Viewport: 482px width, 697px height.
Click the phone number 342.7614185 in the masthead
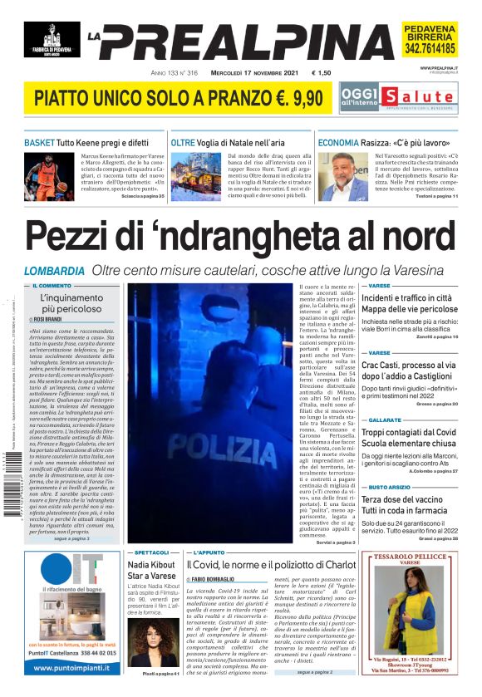tap(430, 49)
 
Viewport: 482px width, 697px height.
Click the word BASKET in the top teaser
tap(39, 143)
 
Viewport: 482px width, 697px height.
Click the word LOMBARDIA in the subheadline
tap(54, 271)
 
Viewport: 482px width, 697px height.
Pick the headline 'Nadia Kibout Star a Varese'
tap(151, 572)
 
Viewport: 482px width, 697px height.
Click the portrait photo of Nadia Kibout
tap(152, 642)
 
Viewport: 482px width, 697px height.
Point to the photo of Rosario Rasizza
tap(344, 177)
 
